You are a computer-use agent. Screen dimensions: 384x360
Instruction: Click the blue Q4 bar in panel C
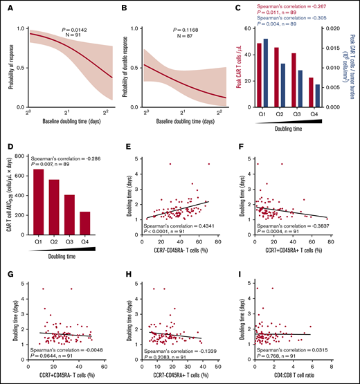click(x=317, y=95)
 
